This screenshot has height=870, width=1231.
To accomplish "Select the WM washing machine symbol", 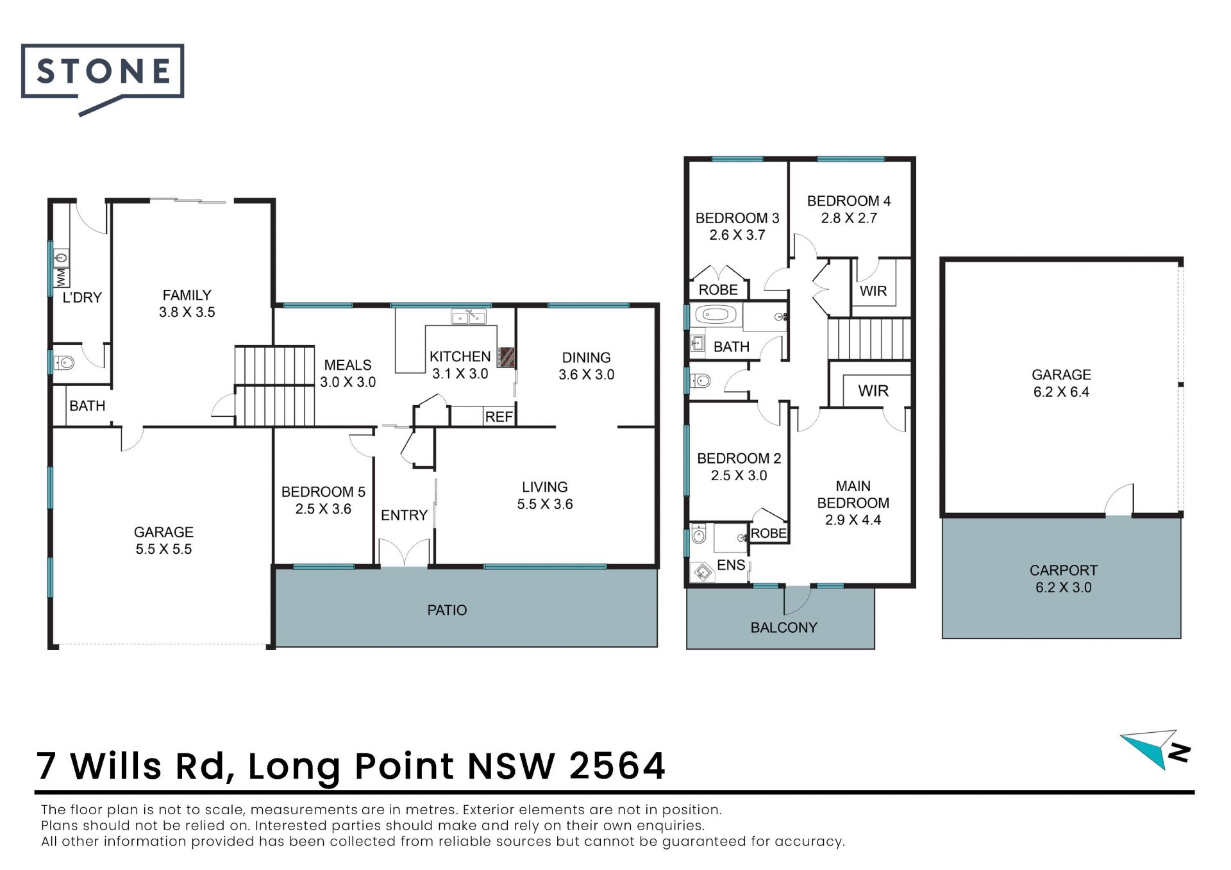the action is pos(62,278).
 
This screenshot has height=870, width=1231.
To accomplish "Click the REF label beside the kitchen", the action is pos(499,417).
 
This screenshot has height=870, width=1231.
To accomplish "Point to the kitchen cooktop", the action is pos(507,357).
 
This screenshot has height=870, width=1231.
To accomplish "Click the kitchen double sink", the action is pos(469,317).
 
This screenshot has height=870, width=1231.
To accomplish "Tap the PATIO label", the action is pos(447,610).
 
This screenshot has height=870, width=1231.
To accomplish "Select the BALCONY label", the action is pos(783,628).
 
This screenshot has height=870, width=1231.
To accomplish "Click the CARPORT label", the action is pos(1063,570).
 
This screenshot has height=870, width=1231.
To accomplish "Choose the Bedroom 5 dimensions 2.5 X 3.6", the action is pos(323,509).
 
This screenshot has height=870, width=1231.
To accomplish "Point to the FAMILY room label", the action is pos(187,295).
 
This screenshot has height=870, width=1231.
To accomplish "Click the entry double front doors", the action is pos(404,553).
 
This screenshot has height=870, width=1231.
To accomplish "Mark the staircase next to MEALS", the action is pos(274,386).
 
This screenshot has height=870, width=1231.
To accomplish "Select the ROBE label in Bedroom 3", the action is pos(718,290).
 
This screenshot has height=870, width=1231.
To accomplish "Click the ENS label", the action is pos(731,565).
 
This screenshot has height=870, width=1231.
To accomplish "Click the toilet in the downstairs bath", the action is pos(65,364).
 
